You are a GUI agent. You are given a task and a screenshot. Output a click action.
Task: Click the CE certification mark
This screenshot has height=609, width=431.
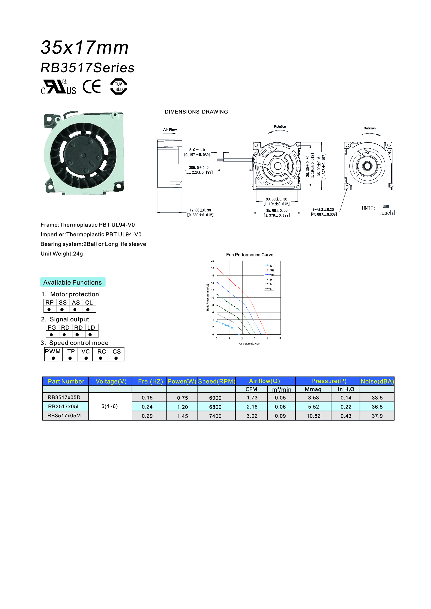point(92,86)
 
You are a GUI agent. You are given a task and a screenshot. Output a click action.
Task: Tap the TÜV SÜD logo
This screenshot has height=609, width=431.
point(118,87)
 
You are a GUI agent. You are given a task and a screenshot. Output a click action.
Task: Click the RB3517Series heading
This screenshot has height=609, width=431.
point(88,68)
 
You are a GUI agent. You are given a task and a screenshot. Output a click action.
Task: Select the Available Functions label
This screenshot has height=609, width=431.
point(73,282)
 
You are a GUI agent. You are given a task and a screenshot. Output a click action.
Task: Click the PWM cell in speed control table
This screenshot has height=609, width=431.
point(53,351)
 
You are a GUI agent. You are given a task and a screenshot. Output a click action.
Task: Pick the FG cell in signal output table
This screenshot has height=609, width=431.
point(52,328)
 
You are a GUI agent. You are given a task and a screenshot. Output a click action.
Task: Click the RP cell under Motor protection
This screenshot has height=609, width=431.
point(50,302)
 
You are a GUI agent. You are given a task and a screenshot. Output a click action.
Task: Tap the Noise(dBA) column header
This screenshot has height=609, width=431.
point(377,381)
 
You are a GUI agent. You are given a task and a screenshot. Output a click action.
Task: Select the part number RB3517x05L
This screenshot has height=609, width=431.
point(64,406)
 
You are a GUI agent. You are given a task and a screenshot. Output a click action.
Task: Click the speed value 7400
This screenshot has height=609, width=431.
point(215,416)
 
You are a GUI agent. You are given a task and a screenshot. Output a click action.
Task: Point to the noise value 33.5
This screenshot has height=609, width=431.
point(377,398)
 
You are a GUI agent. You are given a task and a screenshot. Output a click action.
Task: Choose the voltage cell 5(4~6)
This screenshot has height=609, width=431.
point(109,406)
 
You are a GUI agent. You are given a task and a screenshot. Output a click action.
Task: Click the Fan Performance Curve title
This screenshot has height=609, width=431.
point(249,255)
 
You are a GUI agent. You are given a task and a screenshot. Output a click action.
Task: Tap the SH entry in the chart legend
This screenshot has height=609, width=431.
point(272,270)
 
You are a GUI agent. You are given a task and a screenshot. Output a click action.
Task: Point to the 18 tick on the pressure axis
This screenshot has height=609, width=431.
point(213,268)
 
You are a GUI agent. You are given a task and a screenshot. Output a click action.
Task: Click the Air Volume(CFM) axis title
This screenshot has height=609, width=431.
point(249,343)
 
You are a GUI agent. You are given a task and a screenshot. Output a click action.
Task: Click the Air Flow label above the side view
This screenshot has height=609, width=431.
point(170,130)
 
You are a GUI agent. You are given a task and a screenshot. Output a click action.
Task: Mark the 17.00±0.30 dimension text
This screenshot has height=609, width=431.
point(200,210)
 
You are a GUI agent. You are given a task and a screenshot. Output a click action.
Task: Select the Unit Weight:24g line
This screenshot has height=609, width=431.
point(62,254)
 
